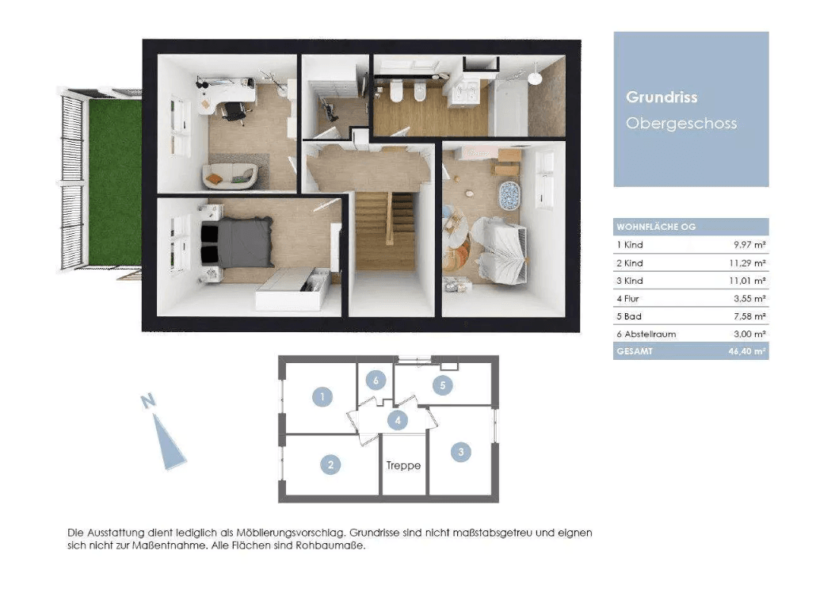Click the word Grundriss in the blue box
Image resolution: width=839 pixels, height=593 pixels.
tap(662, 98)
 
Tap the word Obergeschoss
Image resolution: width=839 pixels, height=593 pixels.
tap(681, 124)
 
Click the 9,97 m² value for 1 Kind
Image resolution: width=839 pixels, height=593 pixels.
tap(749, 245)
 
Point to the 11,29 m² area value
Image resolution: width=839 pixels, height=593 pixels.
tap(747, 263)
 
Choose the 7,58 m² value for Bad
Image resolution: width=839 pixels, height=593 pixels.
tap(749, 316)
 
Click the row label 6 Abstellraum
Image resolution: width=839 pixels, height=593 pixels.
tap(646, 335)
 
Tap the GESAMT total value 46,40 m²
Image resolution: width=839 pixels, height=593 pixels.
tap(747, 352)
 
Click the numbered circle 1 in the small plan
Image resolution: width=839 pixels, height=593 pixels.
tap(322, 396)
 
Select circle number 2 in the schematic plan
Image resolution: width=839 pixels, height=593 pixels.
tap(331, 465)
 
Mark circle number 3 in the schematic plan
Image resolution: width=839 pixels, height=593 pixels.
tap(460, 453)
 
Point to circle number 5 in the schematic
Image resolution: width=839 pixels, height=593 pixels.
tap(442, 385)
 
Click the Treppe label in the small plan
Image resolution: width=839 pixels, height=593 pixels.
tap(403, 465)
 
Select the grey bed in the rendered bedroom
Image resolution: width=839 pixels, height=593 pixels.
tap(237, 242)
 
